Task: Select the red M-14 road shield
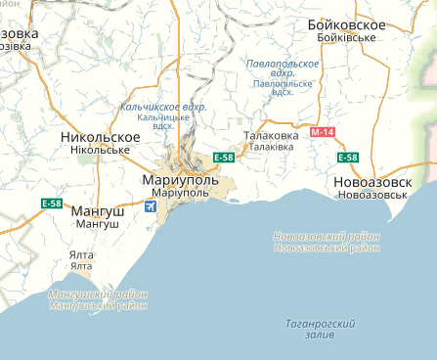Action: [322, 131]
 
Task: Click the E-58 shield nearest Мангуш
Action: [52, 203]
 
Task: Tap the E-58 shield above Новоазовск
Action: [347, 157]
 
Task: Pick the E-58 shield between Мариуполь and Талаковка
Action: [223, 157]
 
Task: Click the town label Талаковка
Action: [271, 135]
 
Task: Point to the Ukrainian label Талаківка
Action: [271, 147]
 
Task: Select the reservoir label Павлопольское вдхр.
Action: [283, 68]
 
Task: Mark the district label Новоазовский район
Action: [326, 236]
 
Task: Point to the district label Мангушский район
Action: [98, 294]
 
